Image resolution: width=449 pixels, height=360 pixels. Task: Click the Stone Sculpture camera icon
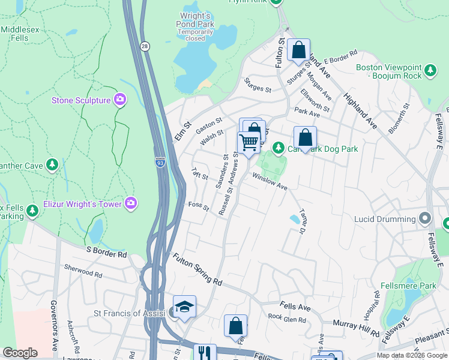point(121,100)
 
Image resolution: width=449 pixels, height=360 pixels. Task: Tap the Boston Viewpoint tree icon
point(430,71)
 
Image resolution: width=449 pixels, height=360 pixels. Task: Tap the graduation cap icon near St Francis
point(185,306)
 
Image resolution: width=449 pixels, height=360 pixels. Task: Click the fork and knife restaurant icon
point(205,353)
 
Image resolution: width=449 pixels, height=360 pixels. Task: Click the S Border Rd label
point(106,251)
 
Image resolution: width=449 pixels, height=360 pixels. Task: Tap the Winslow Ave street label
point(270,181)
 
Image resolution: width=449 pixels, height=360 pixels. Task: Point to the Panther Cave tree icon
point(53,164)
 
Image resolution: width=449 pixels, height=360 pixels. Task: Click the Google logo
point(20,353)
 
